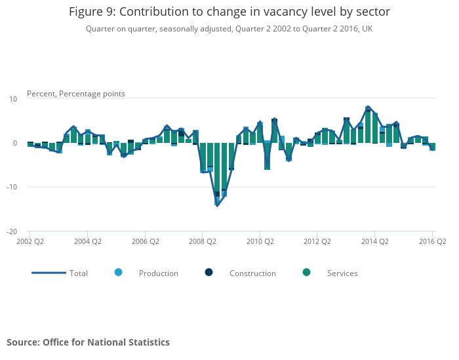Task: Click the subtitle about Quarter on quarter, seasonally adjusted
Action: coord(229,29)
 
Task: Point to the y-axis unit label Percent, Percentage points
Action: coord(75,94)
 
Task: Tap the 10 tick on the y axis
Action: coord(12,99)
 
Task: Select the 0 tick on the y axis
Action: coord(14,143)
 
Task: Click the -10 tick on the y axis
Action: coord(11,188)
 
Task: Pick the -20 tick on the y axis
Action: coord(11,231)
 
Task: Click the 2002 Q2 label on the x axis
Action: coord(30,241)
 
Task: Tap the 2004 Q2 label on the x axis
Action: coord(87,241)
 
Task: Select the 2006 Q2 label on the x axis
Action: coord(145,241)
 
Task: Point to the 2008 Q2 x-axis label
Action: coord(202,241)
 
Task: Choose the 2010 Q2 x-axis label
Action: coord(260,241)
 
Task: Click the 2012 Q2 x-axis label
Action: coord(317,241)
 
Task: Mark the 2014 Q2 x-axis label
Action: coord(374,241)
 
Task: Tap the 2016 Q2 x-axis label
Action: coord(432,241)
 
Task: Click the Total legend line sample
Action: coord(49,273)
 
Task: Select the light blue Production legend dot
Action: coord(118,272)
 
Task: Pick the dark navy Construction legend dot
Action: coord(209,272)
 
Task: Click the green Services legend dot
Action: coord(306,272)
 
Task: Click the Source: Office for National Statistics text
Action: coord(88,342)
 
